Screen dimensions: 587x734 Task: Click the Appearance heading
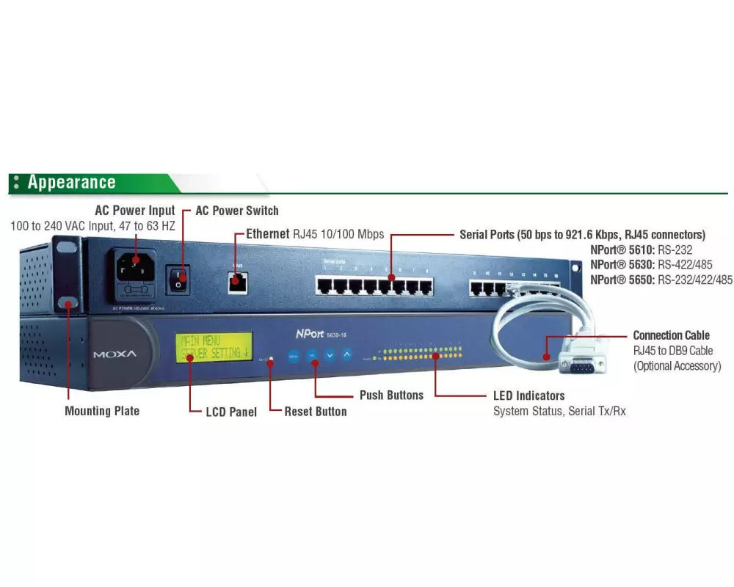tap(71, 183)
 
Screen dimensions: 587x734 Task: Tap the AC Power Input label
tap(135, 211)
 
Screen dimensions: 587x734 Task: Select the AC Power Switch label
tap(236, 211)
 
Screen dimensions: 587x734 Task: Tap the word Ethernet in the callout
tap(268, 234)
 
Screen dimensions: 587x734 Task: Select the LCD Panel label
tap(231, 412)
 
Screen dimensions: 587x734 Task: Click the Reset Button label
tap(316, 412)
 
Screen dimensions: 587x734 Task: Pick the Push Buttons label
tap(391, 395)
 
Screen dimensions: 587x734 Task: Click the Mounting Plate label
tap(102, 411)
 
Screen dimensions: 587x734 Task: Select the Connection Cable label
tap(671, 335)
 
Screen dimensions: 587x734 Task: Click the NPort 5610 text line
tap(642, 249)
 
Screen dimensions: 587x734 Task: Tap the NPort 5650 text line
tap(661, 280)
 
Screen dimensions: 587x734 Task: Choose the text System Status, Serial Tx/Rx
tap(559, 412)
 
